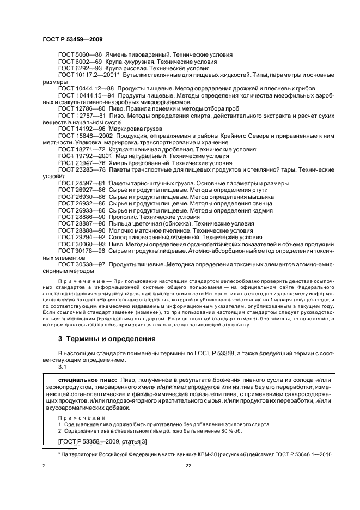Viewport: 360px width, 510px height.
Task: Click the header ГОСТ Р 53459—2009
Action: point(72,40)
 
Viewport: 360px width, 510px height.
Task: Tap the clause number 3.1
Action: point(62,367)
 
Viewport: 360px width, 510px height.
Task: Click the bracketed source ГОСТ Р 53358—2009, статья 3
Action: point(102,441)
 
